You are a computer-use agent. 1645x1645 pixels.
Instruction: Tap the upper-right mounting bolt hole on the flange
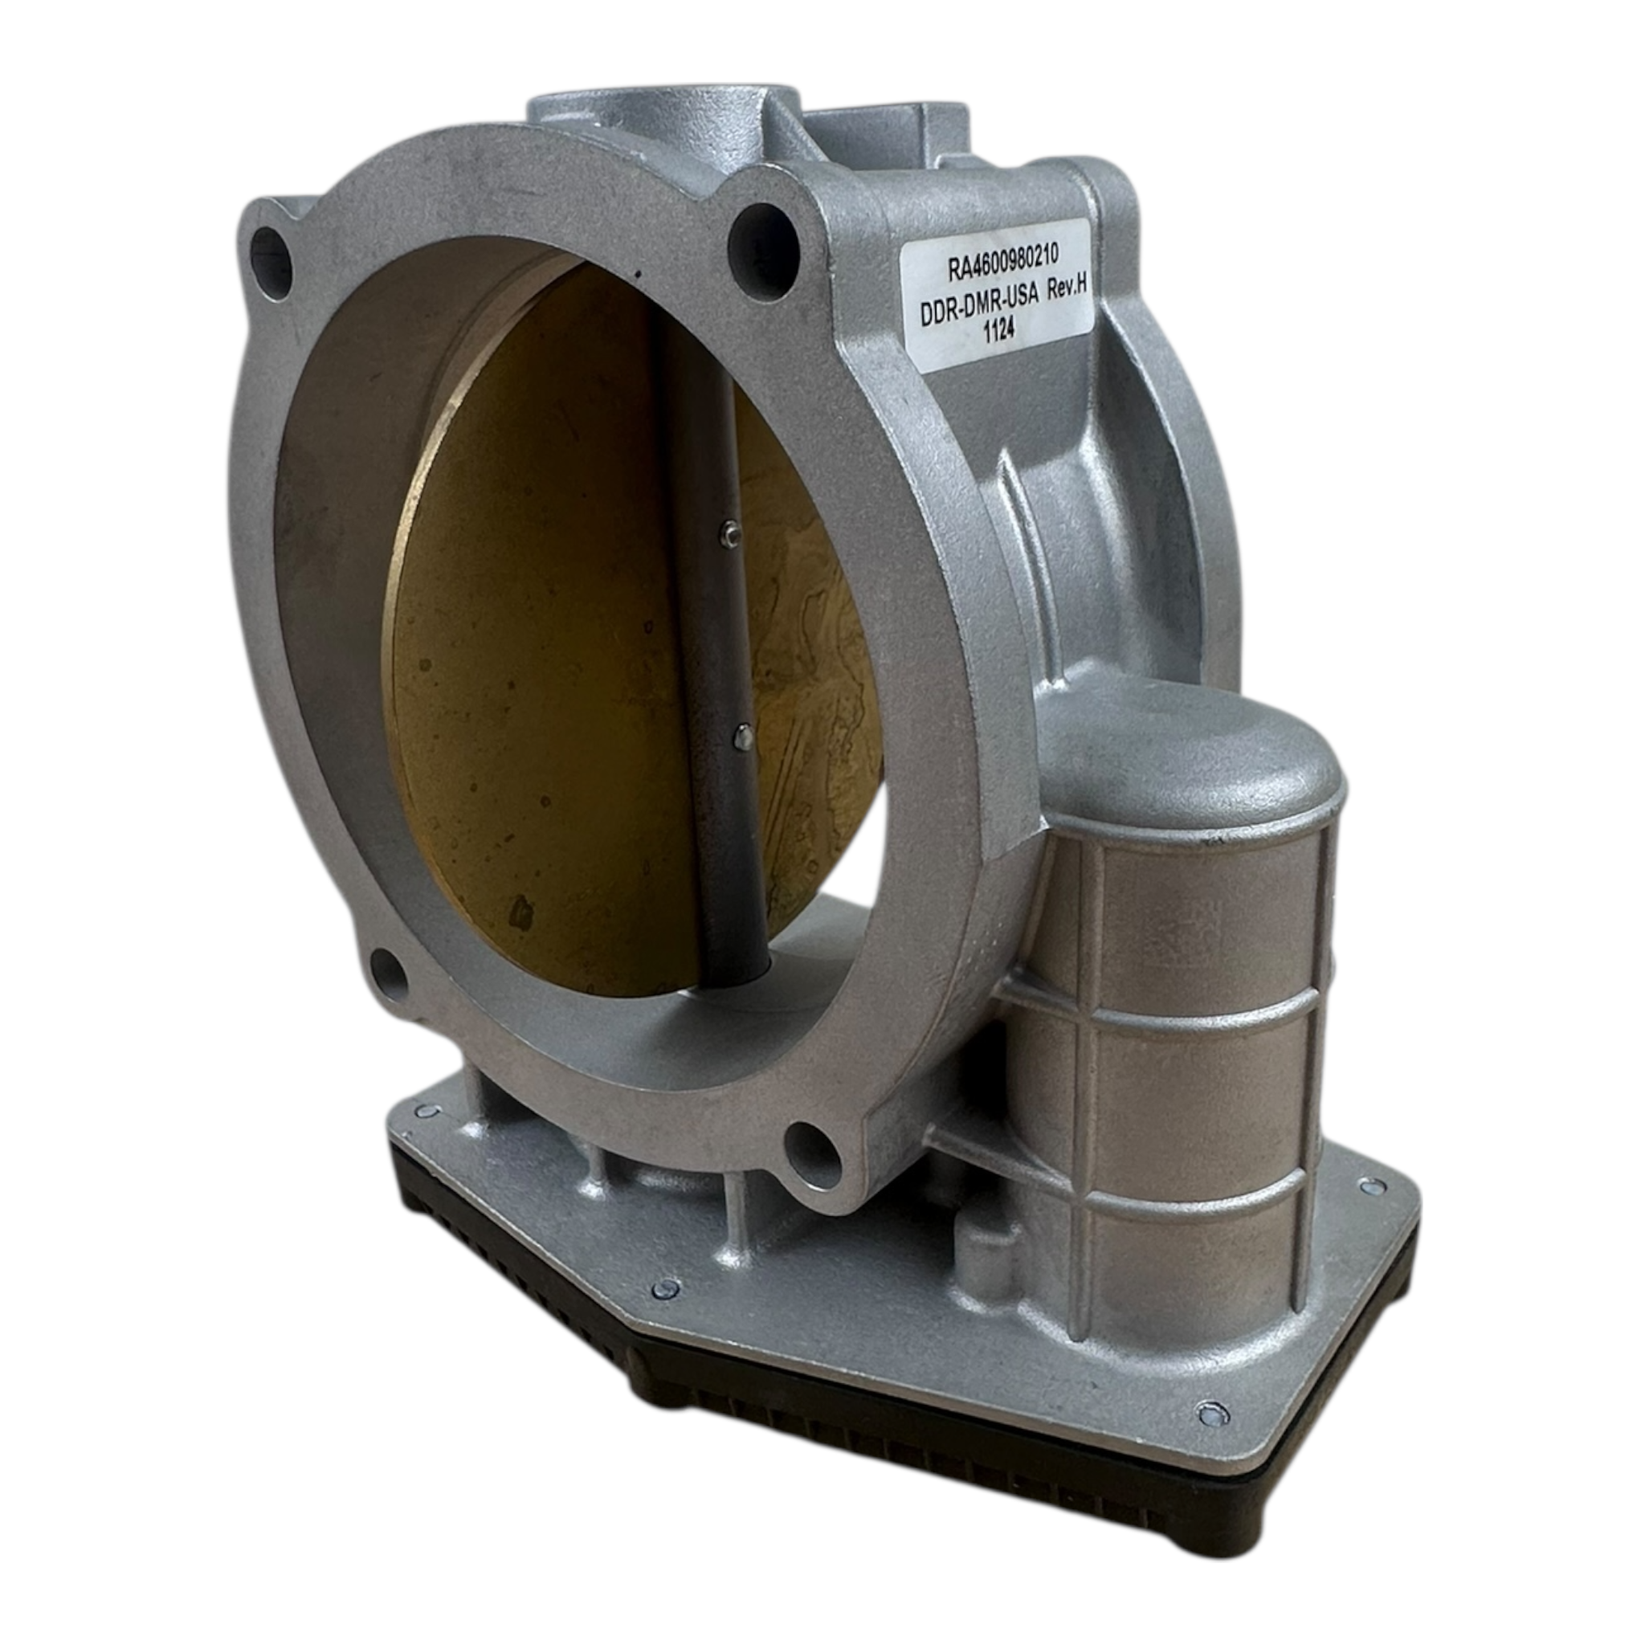coord(765,238)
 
